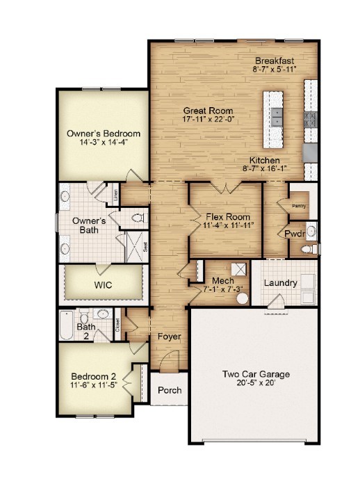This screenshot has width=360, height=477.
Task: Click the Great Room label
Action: [x=208, y=111]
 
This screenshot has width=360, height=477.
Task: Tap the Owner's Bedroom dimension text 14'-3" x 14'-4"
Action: [x=104, y=143]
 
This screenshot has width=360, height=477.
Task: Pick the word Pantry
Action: [x=300, y=206]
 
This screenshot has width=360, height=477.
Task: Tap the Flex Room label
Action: [x=223, y=216]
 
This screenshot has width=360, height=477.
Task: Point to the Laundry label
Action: [x=281, y=283]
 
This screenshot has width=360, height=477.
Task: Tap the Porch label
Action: [x=170, y=390]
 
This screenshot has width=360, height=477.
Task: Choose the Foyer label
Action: [x=169, y=337]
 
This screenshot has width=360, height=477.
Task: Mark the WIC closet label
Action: [x=103, y=285]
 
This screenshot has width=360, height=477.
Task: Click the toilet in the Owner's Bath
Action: [x=138, y=218]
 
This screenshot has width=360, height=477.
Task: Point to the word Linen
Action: [x=115, y=196]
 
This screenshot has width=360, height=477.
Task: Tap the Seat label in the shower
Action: [x=145, y=246]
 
